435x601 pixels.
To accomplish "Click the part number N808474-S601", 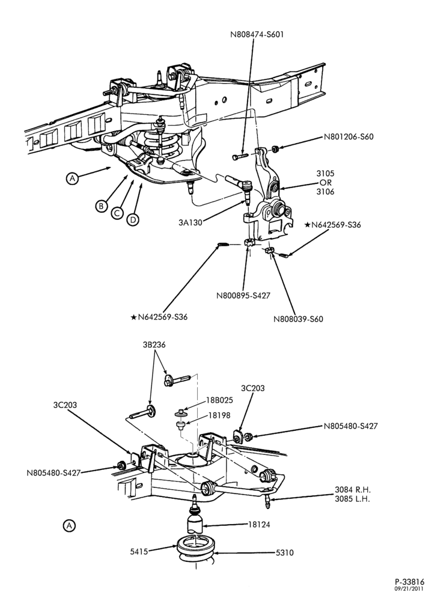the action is point(257,34).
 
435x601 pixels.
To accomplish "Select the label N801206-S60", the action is point(348,136).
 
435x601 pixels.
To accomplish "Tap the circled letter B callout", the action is point(101,206).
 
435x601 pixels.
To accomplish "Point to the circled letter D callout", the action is point(133,219).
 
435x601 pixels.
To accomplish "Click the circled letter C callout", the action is point(117,213).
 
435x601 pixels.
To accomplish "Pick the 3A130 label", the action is point(190,222).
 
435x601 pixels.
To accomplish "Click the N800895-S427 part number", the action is point(243,296).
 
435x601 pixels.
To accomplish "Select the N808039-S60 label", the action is point(298,319).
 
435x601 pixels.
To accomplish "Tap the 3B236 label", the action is point(154,344).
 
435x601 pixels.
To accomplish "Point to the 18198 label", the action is point(220,415).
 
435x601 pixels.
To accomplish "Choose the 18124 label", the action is point(259,524).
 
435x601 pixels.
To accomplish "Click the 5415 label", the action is point(138,552).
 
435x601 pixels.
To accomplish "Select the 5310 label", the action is point(284,552).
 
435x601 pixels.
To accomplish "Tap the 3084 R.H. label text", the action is point(353,489).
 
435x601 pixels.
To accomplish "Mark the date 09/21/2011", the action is point(409,588).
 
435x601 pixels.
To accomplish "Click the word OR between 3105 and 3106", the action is point(326,183).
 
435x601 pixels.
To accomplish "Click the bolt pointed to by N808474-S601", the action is point(240,156).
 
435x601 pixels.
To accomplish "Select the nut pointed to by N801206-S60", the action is point(275,148).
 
